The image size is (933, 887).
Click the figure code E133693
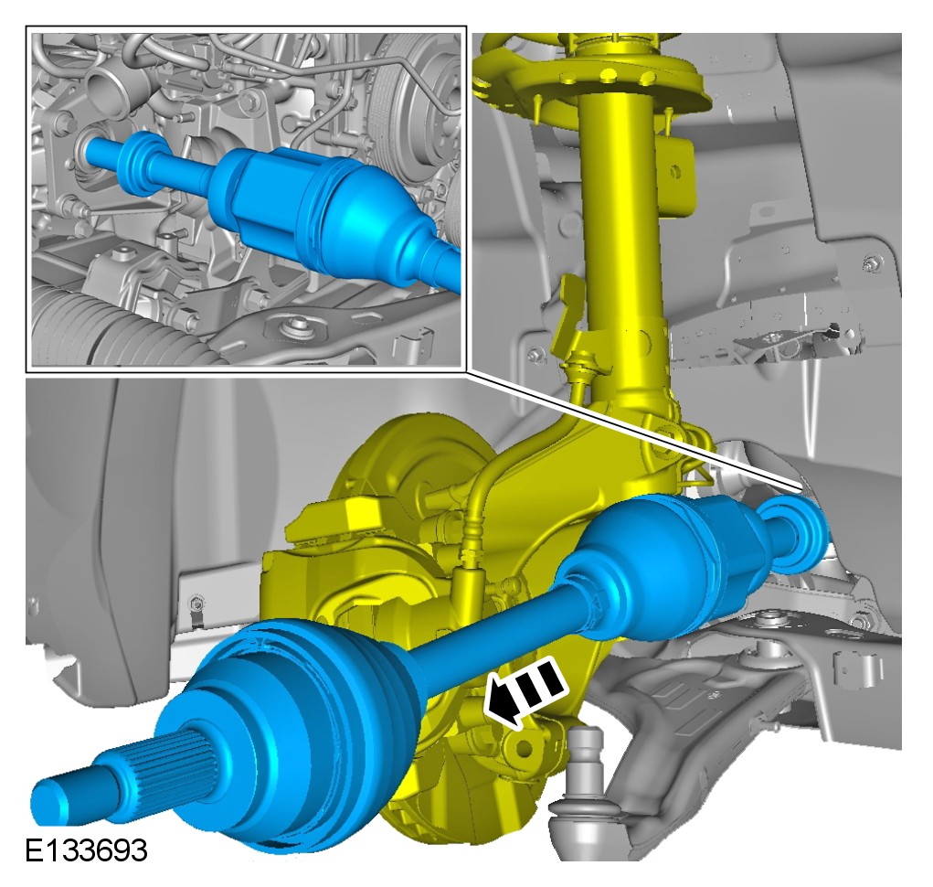[86, 850]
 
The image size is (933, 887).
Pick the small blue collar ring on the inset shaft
[139, 163]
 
